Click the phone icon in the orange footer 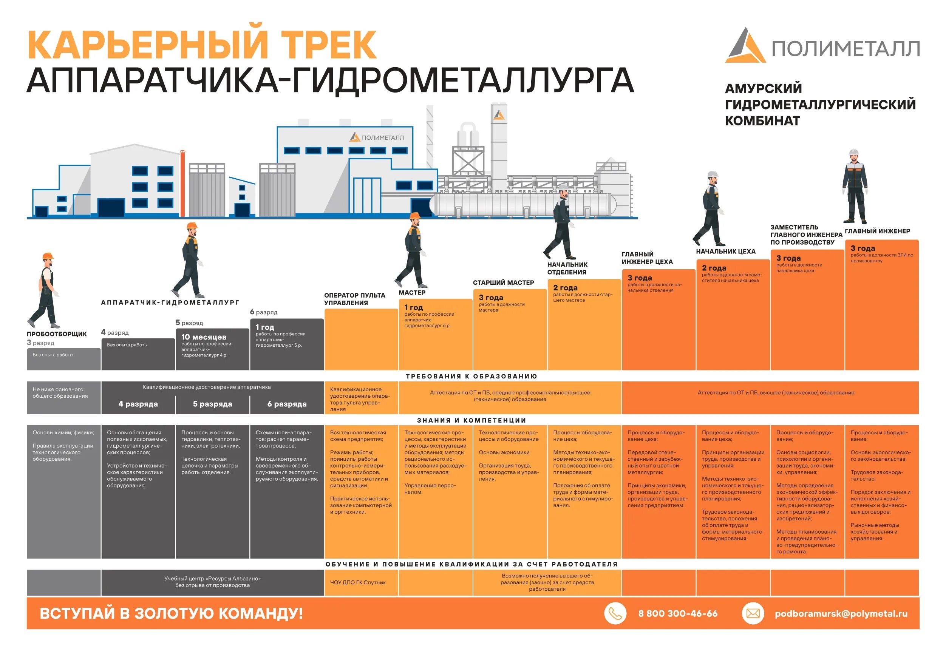point(615,613)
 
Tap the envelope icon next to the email point(753,613)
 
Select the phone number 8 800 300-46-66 point(677,614)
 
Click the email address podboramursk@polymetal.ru point(841,614)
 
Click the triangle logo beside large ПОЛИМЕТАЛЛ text point(745,46)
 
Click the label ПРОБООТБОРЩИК point(57,334)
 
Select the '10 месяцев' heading point(204,337)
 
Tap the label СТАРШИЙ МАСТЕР point(503,283)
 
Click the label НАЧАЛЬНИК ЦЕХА point(726,252)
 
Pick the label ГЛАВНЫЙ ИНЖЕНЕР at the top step point(877,231)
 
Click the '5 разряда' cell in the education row point(213,404)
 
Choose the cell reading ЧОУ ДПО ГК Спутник point(358,582)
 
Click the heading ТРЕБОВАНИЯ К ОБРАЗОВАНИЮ point(471,376)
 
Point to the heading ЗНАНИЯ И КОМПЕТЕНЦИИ point(471,420)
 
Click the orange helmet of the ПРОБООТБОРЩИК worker point(48,256)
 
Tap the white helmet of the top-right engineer point(853,152)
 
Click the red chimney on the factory point(182,183)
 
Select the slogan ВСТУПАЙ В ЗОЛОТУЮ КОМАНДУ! point(171,613)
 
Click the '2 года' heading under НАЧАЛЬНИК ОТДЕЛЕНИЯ point(565,288)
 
